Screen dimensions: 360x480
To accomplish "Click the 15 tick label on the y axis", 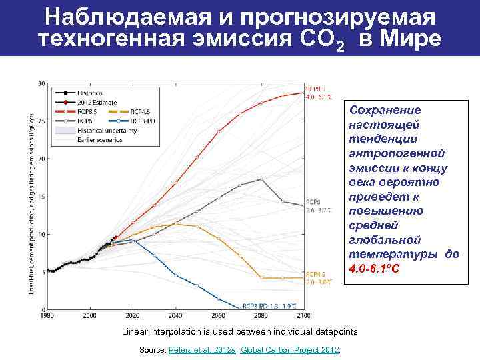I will tap(41, 197).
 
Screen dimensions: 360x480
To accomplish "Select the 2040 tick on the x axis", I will tap(176, 315).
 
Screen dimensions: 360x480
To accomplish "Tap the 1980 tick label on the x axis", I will tap(47, 315).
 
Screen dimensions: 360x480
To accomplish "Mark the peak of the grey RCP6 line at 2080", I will tap(261, 179).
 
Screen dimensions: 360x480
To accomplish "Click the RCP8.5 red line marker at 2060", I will tap(219, 131).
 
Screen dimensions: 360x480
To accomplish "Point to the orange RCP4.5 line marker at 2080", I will tap(261, 277).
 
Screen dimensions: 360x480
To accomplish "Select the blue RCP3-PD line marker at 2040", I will tap(176, 275).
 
